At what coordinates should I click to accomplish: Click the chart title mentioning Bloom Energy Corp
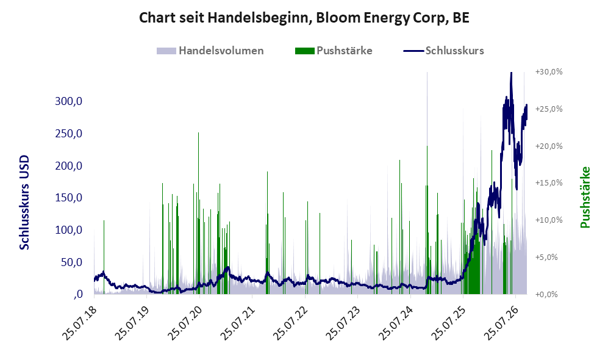pyautogui.click(x=304, y=18)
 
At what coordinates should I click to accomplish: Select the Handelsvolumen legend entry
pyautogui.click(x=210, y=51)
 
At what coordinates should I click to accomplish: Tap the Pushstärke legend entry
pyautogui.click(x=334, y=51)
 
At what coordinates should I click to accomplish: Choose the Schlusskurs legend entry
pyautogui.click(x=443, y=51)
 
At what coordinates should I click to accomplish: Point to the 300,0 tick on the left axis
pyautogui.click(x=69, y=101)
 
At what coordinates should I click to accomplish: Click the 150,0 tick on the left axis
pyautogui.click(x=69, y=198)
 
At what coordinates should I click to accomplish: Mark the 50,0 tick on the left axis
pyautogui.click(x=71, y=262)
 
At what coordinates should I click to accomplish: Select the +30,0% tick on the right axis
pyautogui.click(x=549, y=72)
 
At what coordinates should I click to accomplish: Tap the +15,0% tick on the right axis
pyautogui.click(x=549, y=182)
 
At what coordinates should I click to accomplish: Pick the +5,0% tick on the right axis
pyautogui.click(x=546, y=257)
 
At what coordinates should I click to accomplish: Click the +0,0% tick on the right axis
pyautogui.click(x=546, y=295)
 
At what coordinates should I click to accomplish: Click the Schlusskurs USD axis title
pyautogui.click(x=24, y=203)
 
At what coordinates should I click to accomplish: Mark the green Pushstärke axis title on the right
pyautogui.click(x=585, y=198)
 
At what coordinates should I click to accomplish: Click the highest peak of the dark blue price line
pyautogui.click(x=512, y=73)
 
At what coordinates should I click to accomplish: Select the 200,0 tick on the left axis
pyautogui.click(x=69, y=165)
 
